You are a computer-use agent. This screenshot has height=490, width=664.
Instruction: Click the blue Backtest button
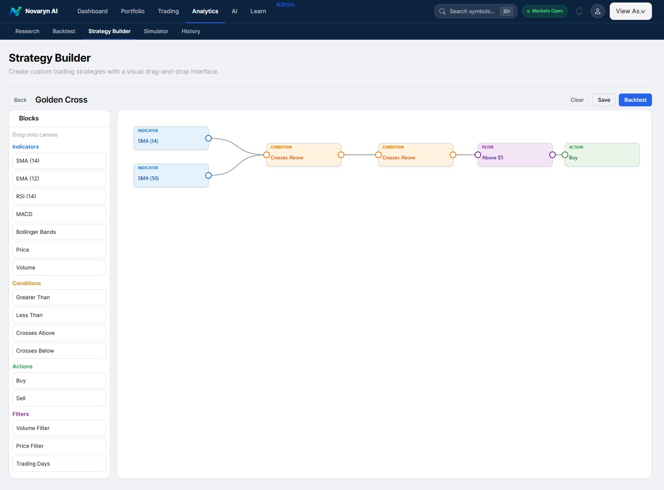(635, 100)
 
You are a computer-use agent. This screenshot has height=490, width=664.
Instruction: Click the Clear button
(577, 100)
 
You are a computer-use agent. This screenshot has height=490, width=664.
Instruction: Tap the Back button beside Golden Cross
(20, 100)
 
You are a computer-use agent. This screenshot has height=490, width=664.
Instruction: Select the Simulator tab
(156, 31)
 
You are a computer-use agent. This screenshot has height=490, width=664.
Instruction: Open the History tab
(191, 31)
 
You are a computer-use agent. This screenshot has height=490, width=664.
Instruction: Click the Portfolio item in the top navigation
(133, 11)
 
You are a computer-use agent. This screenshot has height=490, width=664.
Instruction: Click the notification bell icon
(579, 11)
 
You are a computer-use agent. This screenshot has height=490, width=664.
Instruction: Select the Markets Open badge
(544, 11)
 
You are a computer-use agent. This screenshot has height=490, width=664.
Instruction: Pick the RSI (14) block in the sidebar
(59, 196)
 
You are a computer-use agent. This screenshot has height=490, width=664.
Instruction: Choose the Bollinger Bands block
(59, 232)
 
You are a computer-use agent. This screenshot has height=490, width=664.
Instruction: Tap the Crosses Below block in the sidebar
(59, 351)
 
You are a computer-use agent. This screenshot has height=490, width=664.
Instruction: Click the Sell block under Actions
(59, 398)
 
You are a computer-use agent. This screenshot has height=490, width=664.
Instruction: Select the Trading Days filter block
(59, 464)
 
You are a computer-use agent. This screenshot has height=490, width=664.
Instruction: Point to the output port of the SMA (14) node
(208, 138)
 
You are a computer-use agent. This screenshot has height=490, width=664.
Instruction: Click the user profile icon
(597, 11)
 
